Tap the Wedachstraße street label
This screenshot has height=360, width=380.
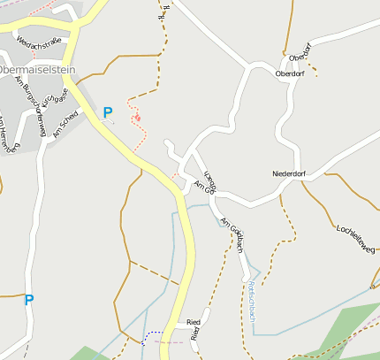tap(37, 41)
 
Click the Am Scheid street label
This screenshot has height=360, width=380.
tap(65, 124)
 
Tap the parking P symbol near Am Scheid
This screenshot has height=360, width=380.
tap(108, 112)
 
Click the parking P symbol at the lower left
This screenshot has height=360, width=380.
tap(28, 300)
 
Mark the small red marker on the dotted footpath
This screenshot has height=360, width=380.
tap(137, 118)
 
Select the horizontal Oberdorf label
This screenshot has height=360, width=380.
tap(291, 73)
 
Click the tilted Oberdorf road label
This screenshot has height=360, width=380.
tap(306, 51)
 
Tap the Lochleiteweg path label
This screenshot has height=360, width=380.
tap(356, 236)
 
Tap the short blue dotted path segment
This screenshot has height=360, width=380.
tap(152, 335)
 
